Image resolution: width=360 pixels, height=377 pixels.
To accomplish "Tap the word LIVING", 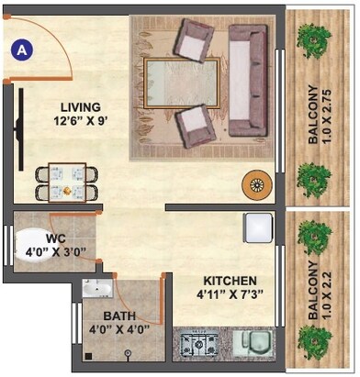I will click(73, 106).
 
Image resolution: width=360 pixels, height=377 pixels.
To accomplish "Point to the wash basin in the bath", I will click(95, 290).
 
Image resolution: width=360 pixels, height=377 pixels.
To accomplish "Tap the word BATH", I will click(119, 316).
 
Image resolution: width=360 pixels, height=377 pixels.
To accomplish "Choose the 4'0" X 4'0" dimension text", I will click(119, 329).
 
